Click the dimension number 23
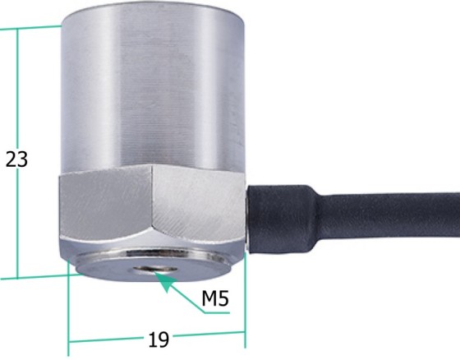tap(16, 159)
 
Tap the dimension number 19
tap(159, 339)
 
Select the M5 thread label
tap(215, 298)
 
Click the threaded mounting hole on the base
tap(155, 270)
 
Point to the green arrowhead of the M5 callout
tap(164, 280)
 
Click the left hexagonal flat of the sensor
tap(106, 203)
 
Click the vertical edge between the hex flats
tap(152, 196)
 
